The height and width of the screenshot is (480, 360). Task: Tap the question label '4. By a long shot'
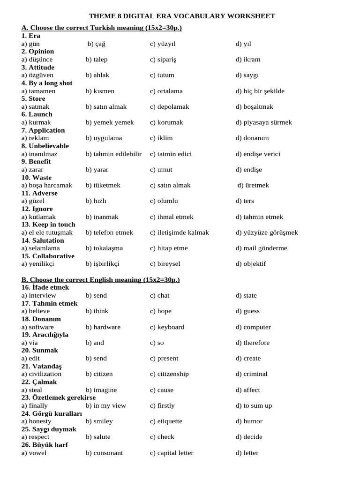coord(47,83)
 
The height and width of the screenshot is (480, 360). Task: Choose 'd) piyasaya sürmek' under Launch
coord(263,122)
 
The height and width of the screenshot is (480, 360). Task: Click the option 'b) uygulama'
coord(104,138)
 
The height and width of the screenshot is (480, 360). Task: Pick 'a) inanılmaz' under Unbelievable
coord(39,154)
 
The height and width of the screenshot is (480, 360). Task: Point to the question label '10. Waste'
coord(37,178)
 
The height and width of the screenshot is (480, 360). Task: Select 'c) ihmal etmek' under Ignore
coord(172,217)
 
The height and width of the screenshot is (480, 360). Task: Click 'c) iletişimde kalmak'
coord(180,232)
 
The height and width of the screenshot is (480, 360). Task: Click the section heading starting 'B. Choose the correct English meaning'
coord(101,280)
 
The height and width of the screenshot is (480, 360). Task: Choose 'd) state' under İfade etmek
coord(246,296)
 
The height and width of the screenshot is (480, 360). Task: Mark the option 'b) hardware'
coord(103,327)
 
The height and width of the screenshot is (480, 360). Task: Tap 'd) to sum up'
coord(254,405)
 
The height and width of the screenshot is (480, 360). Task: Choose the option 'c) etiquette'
coord(166,421)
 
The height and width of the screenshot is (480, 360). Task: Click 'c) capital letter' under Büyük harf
coord(172,453)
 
